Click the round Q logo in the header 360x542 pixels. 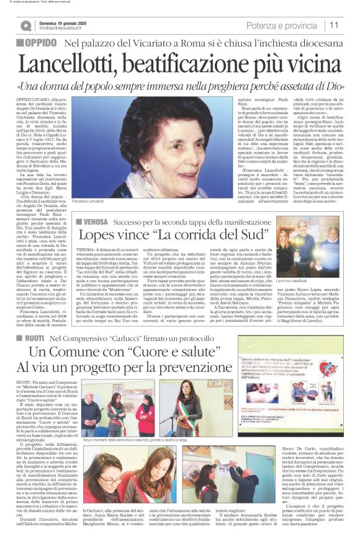tap(25, 25)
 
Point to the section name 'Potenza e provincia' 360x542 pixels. tap(282, 25)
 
